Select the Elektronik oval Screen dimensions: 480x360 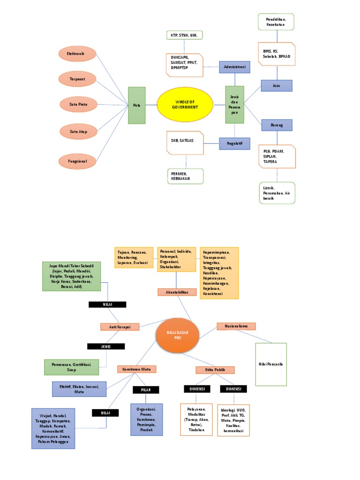click(x=78, y=54)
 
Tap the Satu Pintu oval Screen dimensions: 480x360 click(x=78, y=104)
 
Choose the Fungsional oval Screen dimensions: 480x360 click(x=78, y=161)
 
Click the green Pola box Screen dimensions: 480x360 click(x=136, y=105)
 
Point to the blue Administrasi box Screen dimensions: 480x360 click(x=234, y=67)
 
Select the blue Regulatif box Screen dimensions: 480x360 click(x=234, y=143)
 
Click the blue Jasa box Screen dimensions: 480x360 click(x=277, y=85)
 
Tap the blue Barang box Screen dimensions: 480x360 click(x=277, y=125)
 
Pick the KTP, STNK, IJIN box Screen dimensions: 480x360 click(x=185, y=35)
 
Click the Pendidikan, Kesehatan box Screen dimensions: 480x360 click(x=277, y=22)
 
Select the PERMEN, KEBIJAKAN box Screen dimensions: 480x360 click(x=186, y=176)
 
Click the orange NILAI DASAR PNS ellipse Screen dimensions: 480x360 click(x=177, y=335)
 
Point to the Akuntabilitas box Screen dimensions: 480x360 click(x=177, y=292)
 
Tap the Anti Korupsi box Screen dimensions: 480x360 click(x=120, y=327)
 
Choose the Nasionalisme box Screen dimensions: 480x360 click(x=236, y=326)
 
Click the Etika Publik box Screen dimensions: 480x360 click(x=215, y=370)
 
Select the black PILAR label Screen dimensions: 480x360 click(x=146, y=390)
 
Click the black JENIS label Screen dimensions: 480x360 click(x=106, y=346)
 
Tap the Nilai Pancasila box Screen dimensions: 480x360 click(x=271, y=364)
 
